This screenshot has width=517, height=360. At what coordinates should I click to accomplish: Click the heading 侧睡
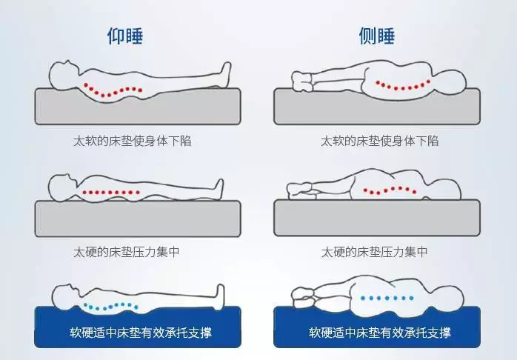(x=376, y=36)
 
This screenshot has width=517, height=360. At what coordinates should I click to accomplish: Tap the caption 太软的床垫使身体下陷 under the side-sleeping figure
(x=379, y=140)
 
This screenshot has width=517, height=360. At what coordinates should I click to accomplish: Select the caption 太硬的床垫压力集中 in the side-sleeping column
(x=374, y=252)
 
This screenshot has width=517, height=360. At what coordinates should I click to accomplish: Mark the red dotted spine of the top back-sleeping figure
(x=111, y=90)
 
